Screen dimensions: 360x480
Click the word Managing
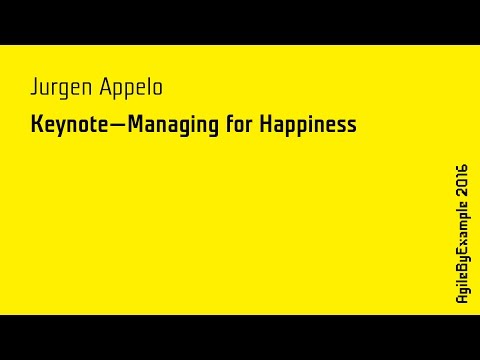[170, 127]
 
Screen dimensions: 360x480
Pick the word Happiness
[309, 127]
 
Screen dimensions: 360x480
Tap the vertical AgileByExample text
[461, 256]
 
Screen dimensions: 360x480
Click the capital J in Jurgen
[35, 87]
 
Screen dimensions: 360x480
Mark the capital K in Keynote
[36, 126]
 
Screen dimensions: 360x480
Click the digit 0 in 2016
[461, 186]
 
